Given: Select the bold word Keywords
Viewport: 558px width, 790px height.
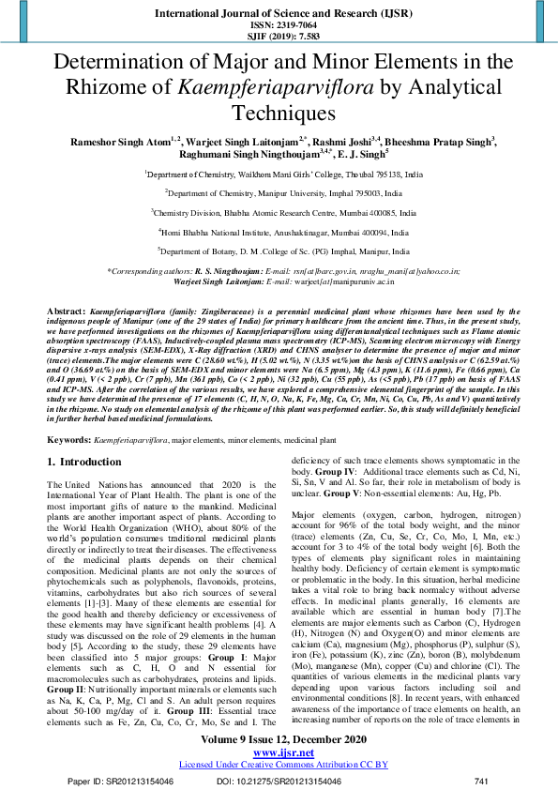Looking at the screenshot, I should [x=68, y=439].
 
